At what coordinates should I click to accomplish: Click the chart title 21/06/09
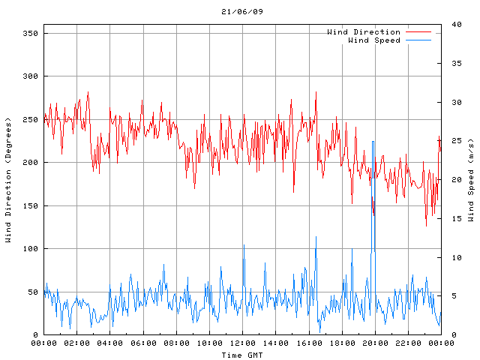point(242,12)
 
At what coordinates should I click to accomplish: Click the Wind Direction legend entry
point(363,32)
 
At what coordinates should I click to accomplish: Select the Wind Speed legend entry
point(373,40)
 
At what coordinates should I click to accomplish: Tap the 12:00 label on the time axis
point(242,343)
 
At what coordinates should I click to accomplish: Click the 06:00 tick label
point(143,343)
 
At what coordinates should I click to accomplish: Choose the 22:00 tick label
point(408,343)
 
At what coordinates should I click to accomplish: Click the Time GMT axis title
point(242,354)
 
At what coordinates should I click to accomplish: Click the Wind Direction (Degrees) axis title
point(8,180)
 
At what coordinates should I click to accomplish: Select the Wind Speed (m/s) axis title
point(470,180)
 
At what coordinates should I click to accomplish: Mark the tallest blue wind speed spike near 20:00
point(373,142)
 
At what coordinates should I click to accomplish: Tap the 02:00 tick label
point(77,343)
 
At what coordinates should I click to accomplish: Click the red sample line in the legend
point(418,32)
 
